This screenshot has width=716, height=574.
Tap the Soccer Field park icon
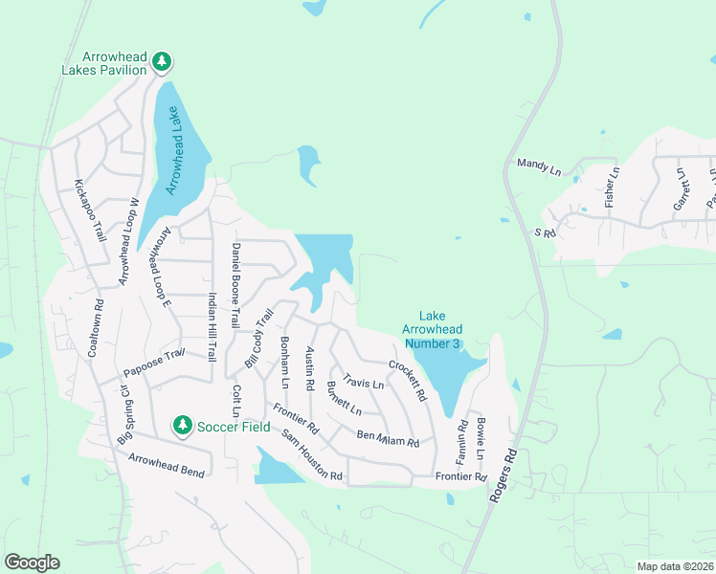point(182,424)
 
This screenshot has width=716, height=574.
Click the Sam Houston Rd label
point(311,455)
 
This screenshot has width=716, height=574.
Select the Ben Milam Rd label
point(388,439)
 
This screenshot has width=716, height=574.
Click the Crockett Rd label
point(407,380)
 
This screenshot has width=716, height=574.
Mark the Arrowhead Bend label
point(168,466)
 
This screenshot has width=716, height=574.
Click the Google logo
point(32,563)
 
